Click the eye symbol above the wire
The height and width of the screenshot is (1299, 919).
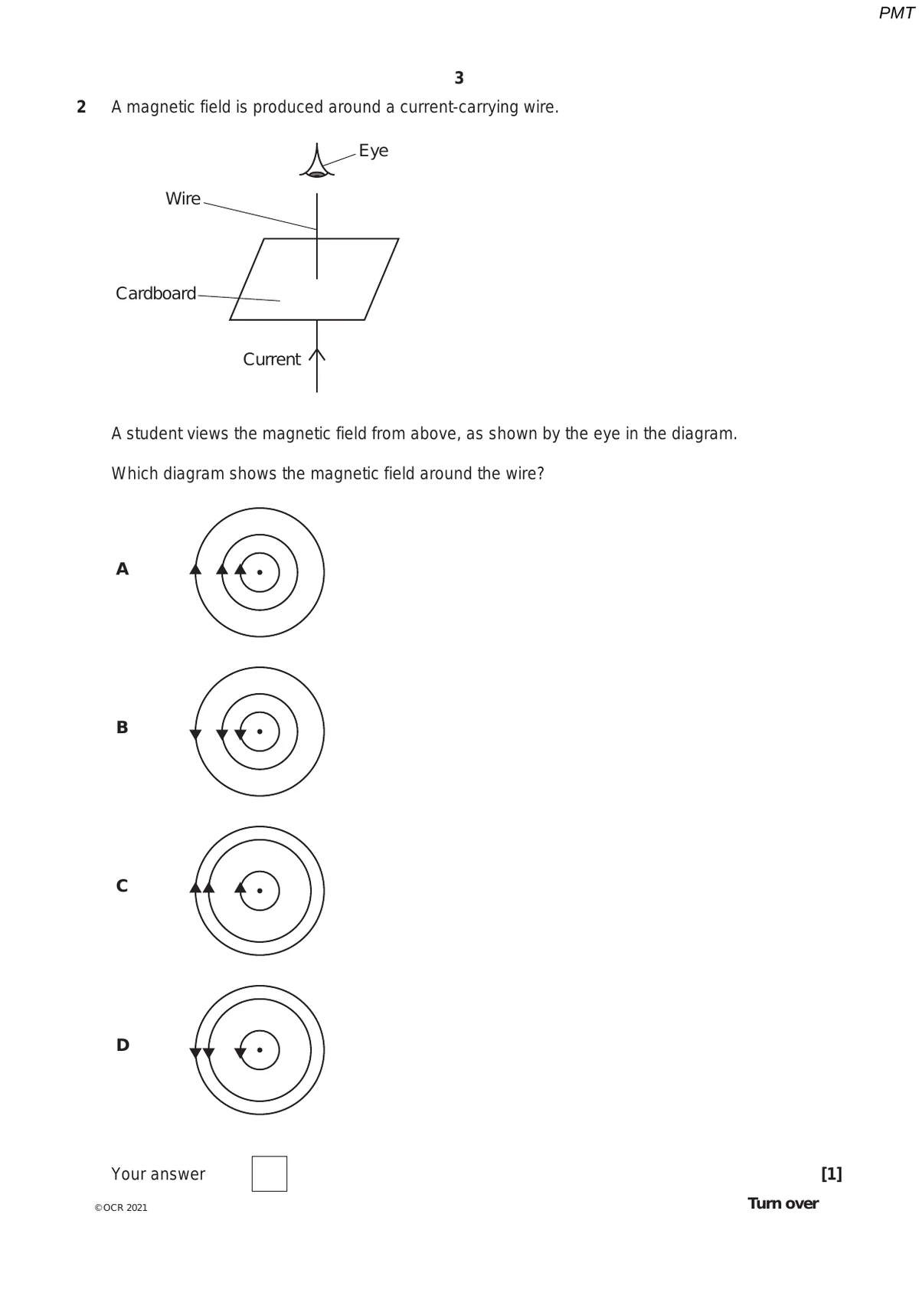[317, 162]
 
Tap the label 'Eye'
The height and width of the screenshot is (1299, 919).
[373, 151]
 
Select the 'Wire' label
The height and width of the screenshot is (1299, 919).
[183, 199]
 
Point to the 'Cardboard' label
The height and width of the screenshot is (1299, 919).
[155, 293]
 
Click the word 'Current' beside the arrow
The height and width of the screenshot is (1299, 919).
[271, 359]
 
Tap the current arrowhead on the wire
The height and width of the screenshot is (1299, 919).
[317, 355]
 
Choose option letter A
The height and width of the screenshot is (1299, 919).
[123, 569]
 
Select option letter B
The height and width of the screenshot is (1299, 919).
[123, 728]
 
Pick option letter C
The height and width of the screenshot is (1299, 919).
[123, 886]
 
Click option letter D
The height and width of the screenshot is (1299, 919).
[123, 1045]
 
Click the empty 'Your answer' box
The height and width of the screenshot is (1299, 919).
[270, 1173]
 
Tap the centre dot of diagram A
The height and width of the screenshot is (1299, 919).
[260, 572]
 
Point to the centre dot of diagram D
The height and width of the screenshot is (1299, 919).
[260, 1049]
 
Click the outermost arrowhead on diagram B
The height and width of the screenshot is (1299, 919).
[195, 735]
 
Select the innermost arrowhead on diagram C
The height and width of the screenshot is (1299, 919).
[240, 887]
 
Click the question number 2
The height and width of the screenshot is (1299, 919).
[81, 107]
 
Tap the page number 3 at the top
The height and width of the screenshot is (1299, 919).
[459, 78]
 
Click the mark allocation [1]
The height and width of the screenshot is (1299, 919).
[831, 1173]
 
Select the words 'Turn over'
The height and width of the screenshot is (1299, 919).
[783, 1203]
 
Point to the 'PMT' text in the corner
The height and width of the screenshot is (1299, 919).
[896, 13]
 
